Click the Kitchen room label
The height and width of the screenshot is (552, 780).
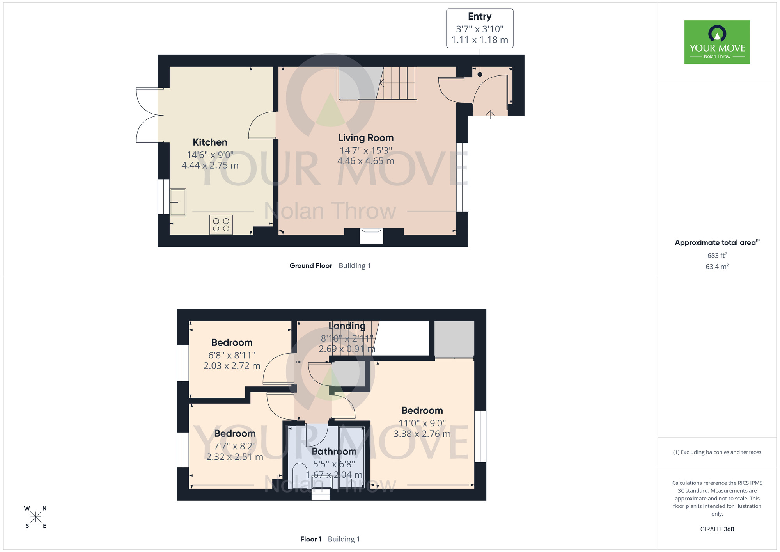(x=210, y=142)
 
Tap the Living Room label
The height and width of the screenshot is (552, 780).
(x=366, y=138)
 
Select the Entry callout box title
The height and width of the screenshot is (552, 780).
(x=480, y=17)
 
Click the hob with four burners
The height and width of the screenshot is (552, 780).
(x=221, y=224)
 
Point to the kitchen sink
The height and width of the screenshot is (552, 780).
(x=178, y=202)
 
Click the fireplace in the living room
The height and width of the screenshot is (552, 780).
(x=371, y=236)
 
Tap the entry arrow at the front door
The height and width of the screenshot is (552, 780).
(x=490, y=114)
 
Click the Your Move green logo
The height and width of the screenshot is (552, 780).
(x=717, y=42)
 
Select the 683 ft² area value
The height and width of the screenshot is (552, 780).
(x=717, y=255)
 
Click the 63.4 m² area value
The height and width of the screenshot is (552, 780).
(x=717, y=267)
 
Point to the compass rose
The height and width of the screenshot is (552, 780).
(x=35, y=517)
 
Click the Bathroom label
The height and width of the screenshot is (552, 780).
(x=334, y=452)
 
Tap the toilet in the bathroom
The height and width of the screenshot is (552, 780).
(x=300, y=475)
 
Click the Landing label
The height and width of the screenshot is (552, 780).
(x=347, y=326)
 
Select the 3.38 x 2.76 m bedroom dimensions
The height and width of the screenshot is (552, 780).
(x=422, y=434)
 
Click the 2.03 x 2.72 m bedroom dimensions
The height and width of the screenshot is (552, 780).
(x=232, y=366)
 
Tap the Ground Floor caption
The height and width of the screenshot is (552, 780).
(x=311, y=265)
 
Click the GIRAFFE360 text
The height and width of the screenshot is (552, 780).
(x=717, y=529)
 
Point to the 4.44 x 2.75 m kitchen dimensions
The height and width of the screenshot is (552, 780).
(x=210, y=166)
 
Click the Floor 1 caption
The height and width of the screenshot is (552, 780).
(x=311, y=539)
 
